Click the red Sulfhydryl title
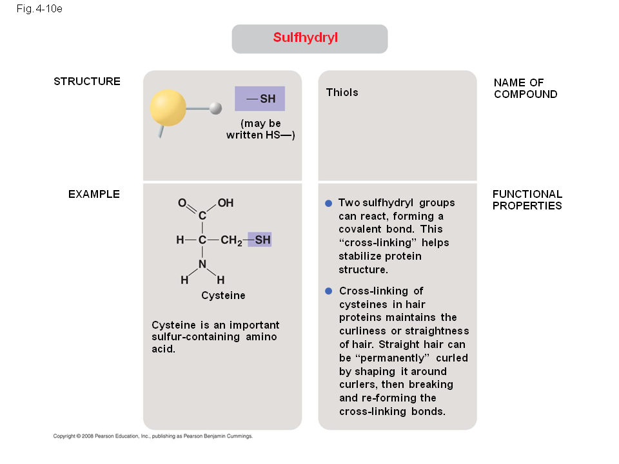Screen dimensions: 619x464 pyautogui.click(x=305, y=37)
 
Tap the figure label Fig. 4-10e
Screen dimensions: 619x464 pyautogui.click(x=39, y=8)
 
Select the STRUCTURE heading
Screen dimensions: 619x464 pyautogui.click(x=87, y=81)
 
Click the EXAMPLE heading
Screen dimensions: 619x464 pyautogui.click(x=94, y=194)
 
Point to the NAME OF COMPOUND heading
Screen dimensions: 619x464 pyautogui.click(x=526, y=88)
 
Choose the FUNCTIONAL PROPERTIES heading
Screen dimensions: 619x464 pyautogui.click(x=527, y=200)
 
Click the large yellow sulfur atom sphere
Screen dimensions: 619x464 pyautogui.click(x=168, y=108)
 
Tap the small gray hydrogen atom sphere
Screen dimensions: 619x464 pyautogui.click(x=215, y=108)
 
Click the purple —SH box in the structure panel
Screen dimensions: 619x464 pyautogui.click(x=260, y=99)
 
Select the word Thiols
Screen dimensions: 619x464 pyautogui.click(x=342, y=92)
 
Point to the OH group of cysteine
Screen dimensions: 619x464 pyautogui.click(x=226, y=203)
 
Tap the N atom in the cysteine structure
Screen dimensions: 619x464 pyautogui.click(x=202, y=264)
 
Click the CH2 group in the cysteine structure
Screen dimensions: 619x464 pyautogui.click(x=231, y=240)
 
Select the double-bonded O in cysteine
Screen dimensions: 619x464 pyautogui.click(x=182, y=203)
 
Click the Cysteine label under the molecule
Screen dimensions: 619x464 pyautogui.click(x=224, y=295)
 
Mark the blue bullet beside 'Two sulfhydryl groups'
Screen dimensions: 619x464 pyautogui.click(x=328, y=203)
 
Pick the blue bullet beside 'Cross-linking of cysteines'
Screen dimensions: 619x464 pyautogui.click(x=328, y=291)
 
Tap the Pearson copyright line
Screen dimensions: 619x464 pyautogui.click(x=153, y=436)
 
